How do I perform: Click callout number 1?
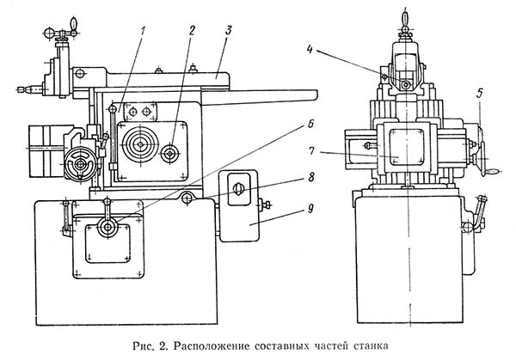(142, 32)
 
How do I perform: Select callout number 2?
(192, 31)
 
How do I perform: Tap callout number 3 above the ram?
(229, 30)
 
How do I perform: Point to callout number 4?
(310, 50)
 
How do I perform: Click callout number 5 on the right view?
(480, 93)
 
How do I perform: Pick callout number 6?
(310, 125)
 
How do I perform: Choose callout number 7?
(310, 151)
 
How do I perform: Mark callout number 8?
(310, 177)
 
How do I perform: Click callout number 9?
(310, 209)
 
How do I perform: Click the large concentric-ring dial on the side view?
(140, 144)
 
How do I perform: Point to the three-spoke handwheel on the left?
(80, 163)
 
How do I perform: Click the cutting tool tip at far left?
(19, 88)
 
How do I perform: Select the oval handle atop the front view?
(405, 16)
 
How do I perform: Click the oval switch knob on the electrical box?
(238, 188)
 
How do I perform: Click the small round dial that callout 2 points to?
(169, 153)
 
